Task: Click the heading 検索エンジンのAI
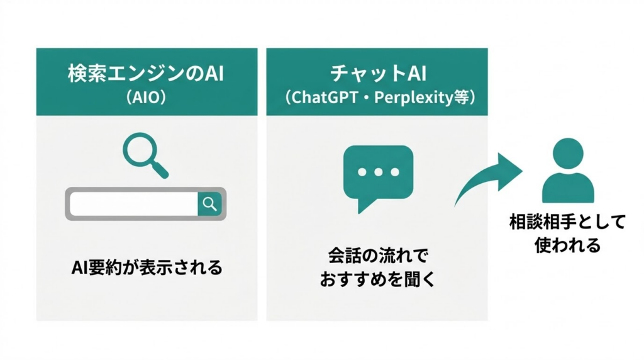tap(145, 74)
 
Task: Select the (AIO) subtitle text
tap(146, 99)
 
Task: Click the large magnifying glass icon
tap(142, 153)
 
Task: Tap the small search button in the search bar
tap(210, 203)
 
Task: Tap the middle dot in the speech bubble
tap(377, 171)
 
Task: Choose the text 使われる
tap(568, 245)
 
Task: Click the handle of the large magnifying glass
tap(161, 169)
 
